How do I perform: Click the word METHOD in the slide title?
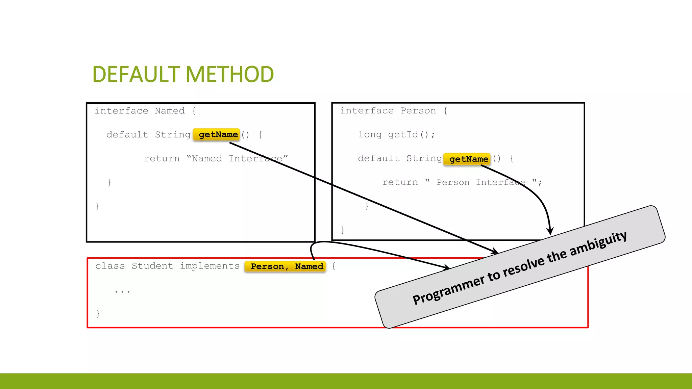pyautogui.click(x=229, y=75)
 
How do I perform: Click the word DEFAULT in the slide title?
pyautogui.click(x=137, y=75)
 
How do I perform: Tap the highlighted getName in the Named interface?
pyautogui.click(x=218, y=135)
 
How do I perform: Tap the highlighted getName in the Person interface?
pyautogui.click(x=468, y=159)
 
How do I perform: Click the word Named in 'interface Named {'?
pyautogui.click(x=170, y=111)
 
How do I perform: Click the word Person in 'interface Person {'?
pyautogui.click(x=418, y=111)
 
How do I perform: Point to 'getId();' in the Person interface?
pyautogui.click(x=411, y=135)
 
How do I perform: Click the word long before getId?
pyautogui.click(x=370, y=135)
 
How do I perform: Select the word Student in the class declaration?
pyautogui.click(x=152, y=266)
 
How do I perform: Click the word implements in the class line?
pyautogui.click(x=209, y=266)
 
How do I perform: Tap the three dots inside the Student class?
pyautogui.click(x=122, y=291)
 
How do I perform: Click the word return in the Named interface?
pyautogui.click(x=162, y=159)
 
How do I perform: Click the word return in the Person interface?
pyautogui.click(x=400, y=182)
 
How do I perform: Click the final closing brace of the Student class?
pyautogui.click(x=98, y=313)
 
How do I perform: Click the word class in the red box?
pyautogui.click(x=110, y=266)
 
